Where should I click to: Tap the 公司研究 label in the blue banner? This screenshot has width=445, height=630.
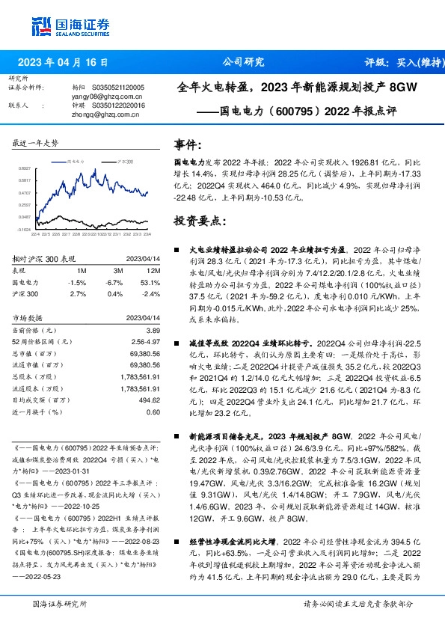244,62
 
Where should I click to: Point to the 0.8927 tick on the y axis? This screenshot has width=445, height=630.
24,169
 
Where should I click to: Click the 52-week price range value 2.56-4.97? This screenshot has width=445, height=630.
144,340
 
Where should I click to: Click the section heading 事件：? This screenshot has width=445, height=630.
188,144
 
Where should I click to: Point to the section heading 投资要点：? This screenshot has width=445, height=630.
198,221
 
